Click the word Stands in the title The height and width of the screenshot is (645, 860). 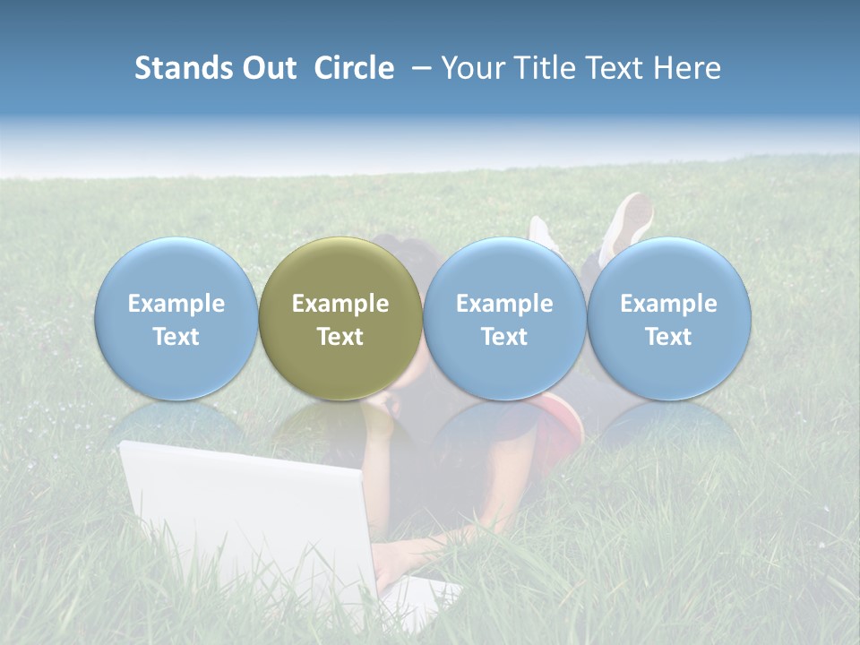(185, 68)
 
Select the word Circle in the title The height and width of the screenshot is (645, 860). (354, 68)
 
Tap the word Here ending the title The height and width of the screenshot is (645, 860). (688, 68)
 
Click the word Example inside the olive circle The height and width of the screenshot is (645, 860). (340, 304)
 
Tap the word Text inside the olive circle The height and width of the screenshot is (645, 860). (340, 337)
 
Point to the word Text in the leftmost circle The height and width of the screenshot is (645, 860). (176, 337)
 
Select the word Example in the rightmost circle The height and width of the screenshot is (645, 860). (668, 304)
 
